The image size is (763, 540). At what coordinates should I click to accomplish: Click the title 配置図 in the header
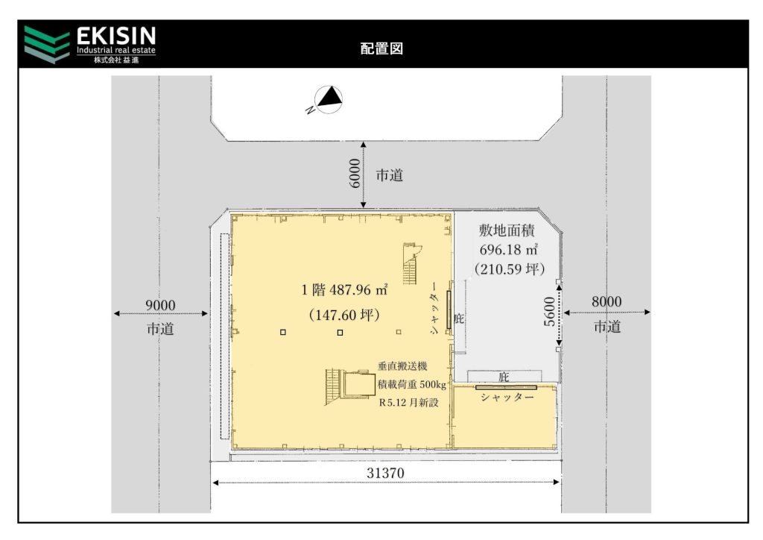tap(381, 48)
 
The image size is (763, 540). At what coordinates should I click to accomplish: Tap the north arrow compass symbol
tap(326, 99)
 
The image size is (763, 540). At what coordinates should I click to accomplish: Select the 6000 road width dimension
tap(355, 173)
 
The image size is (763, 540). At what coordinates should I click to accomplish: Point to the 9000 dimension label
tap(160, 305)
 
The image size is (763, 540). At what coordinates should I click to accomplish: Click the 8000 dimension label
tap(607, 301)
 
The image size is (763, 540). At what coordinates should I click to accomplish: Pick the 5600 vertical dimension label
tap(549, 312)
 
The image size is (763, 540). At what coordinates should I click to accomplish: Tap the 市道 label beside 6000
tap(389, 175)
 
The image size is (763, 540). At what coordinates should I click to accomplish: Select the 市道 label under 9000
tap(160, 329)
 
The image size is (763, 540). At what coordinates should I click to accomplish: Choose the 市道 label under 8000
tap(607, 326)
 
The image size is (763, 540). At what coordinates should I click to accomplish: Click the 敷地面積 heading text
tap(507, 230)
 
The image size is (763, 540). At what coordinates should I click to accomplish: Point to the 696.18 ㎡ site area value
tap(509, 249)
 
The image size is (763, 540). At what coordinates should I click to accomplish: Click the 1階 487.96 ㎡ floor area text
tap(344, 289)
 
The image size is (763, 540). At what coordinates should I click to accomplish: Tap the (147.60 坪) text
tap(344, 315)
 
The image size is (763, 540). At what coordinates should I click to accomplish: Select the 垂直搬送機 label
tap(402, 365)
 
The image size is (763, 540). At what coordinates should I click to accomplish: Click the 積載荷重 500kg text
tap(411, 384)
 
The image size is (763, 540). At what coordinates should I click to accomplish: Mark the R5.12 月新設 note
tap(409, 403)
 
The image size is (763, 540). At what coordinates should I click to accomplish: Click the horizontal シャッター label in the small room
tap(507, 398)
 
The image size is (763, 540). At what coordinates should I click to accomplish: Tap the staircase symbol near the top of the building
tap(411, 263)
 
